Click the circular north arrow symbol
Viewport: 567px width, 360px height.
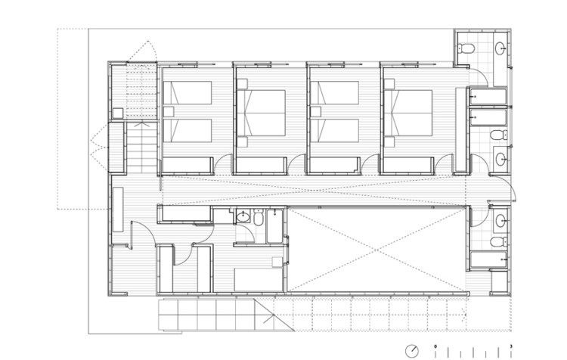(x=412, y=350)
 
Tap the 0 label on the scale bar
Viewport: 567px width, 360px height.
(x=435, y=346)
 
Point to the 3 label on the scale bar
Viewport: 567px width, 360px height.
(x=512, y=346)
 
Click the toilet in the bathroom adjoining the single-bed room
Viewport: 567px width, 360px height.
(x=259, y=219)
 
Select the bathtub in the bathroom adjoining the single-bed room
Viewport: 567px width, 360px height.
(x=274, y=225)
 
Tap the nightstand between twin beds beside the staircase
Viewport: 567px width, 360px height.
(x=168, y=111)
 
